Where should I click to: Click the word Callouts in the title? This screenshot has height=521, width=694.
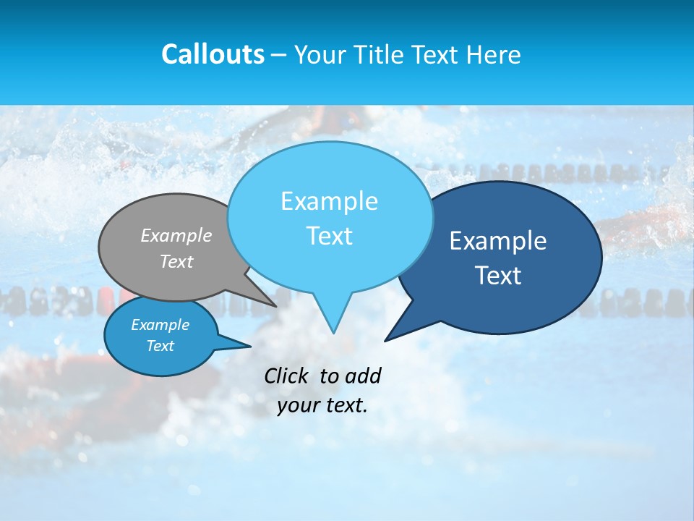click(x=213, y=54)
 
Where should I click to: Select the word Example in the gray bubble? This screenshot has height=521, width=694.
click(x=176, y=235)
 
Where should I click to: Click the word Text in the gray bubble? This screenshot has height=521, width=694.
click(x=176, y=261)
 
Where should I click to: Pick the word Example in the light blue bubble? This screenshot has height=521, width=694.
click(x=329, y=201)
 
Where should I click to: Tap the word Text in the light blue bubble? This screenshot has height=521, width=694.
click(x=329, y=236)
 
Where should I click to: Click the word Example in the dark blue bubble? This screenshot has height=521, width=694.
click(x=498, y=241)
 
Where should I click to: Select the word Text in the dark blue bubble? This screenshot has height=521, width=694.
click(x=498, y=276)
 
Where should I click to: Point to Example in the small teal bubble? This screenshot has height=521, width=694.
click(x=160, y=325)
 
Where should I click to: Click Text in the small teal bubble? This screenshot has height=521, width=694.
click(x=160, y=346)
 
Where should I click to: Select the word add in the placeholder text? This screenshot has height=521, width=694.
click(x=363, y=376)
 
